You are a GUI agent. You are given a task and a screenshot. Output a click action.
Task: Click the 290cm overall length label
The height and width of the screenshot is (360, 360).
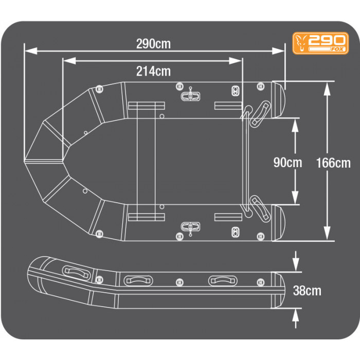153,44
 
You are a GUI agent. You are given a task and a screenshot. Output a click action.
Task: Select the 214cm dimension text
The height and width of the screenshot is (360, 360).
153,71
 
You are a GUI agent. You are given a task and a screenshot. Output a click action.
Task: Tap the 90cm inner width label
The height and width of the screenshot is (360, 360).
287,163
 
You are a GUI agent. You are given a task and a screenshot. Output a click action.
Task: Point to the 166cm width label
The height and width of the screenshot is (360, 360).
334,163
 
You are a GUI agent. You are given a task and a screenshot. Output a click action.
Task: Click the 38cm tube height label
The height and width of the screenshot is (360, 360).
307,291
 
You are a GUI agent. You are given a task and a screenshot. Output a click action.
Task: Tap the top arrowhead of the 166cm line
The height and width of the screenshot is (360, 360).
327,87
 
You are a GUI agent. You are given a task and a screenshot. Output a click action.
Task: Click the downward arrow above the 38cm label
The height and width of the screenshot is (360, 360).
296,265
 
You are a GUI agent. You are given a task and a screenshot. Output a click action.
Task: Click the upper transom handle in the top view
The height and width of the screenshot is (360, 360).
260,111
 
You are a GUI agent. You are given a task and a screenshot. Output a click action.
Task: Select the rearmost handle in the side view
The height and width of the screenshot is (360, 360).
223,281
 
